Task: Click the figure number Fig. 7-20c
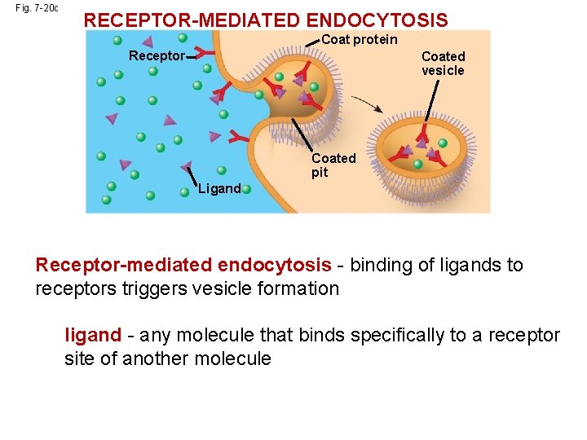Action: pos(37,8)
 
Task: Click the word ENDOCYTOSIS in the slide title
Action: pos(381,20)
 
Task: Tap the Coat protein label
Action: pos(360,39)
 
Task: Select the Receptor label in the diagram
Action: pos(157,56)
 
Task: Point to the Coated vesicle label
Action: pos(443,64)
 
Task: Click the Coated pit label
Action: pos(333,165)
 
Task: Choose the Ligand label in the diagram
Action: pos(219,189)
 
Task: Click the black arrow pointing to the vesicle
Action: pos(369,106)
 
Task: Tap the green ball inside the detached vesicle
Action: pos(418,164)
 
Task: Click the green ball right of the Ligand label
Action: pos(246,188)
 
